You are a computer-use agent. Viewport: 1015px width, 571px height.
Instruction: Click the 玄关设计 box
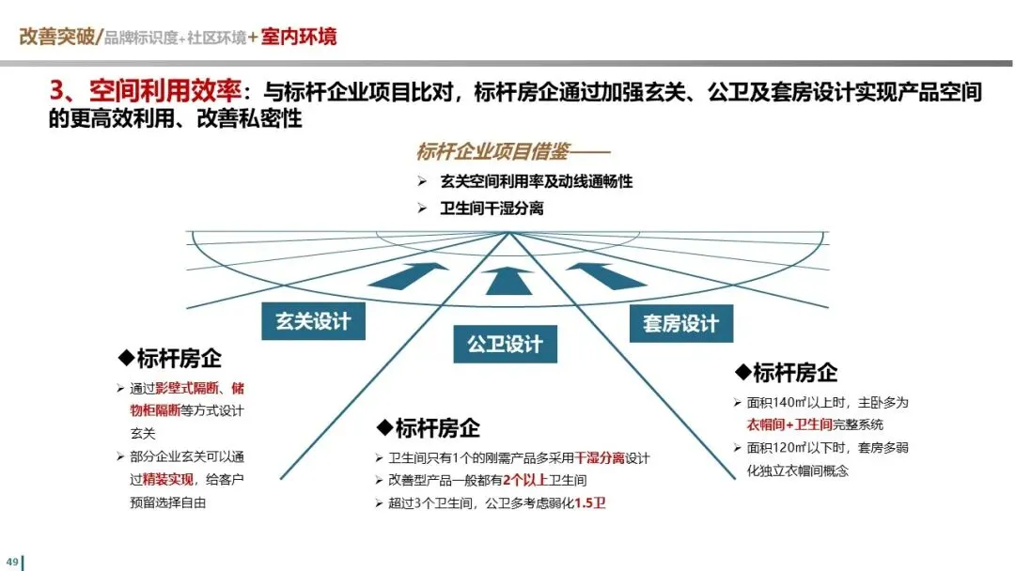[313, 321]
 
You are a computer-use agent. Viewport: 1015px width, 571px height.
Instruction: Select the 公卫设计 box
[505, 344]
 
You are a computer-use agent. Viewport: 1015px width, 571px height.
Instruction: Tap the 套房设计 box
[680, 324]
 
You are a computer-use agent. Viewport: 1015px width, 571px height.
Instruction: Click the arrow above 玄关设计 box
[411, 275]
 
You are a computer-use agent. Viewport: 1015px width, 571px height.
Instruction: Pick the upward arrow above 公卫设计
[508, 279]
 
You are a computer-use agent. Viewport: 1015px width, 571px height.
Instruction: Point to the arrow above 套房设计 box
[605, 275]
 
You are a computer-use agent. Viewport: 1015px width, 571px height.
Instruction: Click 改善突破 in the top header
[56, 37]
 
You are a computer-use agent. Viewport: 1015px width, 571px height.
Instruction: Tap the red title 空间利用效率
[165, 91]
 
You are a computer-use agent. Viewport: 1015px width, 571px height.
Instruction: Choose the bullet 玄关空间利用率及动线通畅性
[537, 181]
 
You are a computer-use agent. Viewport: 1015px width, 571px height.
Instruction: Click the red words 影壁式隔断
[187, 388]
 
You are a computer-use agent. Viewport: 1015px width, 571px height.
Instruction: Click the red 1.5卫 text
[591, 503]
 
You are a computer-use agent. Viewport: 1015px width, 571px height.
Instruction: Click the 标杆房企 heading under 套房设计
[793, 372]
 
